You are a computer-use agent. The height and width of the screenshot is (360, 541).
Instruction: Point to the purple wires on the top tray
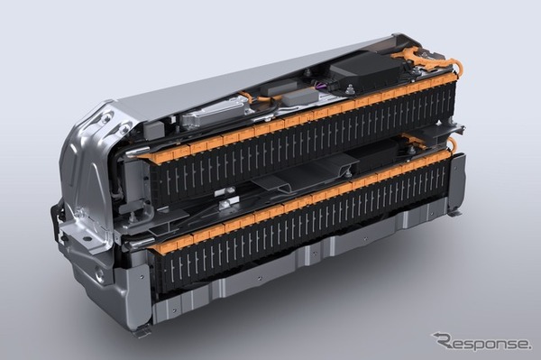click(318, 85)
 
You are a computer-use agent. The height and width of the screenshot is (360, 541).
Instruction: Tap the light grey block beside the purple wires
click(297, 96)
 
